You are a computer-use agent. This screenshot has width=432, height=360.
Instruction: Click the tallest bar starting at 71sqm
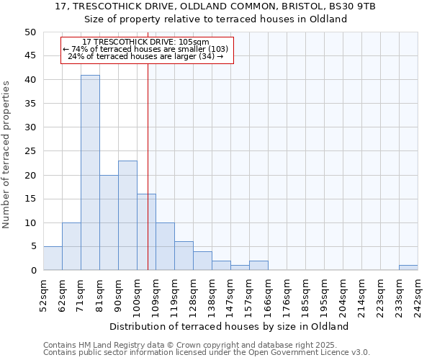(90, 173)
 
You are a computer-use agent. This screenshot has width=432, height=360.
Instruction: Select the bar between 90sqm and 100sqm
(127, 215)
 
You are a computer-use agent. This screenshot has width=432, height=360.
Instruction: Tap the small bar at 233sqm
(408, 268)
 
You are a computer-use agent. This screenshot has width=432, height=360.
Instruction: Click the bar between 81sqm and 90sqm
(109, 222)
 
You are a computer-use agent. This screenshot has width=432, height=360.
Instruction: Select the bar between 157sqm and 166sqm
(258, 266)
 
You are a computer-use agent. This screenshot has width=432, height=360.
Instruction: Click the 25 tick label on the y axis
(30, 151)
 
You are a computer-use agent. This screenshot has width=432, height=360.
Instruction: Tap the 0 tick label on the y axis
(32, 271)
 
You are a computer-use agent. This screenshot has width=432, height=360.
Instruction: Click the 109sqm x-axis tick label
(156, 293)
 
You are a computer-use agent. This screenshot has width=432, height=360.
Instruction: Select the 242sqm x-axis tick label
(418, 293)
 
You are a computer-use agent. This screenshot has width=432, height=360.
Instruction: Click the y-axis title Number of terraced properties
(6, 155)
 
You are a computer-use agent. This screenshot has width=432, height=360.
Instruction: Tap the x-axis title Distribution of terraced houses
(230, 326)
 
